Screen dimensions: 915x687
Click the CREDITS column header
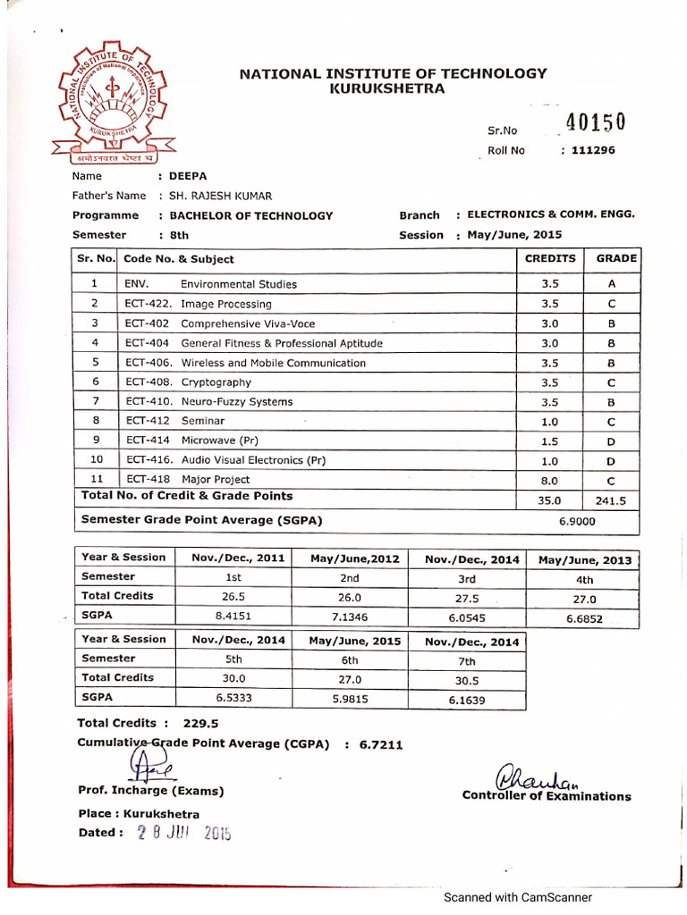[550, 258]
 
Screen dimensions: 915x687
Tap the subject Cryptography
[216, 382]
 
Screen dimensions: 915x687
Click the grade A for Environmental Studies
[612, 284]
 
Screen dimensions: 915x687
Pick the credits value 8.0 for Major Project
[550, 480]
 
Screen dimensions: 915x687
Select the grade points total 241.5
[612, 501]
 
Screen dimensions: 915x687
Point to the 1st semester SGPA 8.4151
[238, 616]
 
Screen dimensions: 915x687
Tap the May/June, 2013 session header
[585, 560]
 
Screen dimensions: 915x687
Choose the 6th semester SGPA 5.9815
[350, 698]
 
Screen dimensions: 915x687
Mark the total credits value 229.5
[201, 724]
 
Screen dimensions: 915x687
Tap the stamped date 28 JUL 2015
[183, 834]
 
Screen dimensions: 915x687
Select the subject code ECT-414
[147, 441]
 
